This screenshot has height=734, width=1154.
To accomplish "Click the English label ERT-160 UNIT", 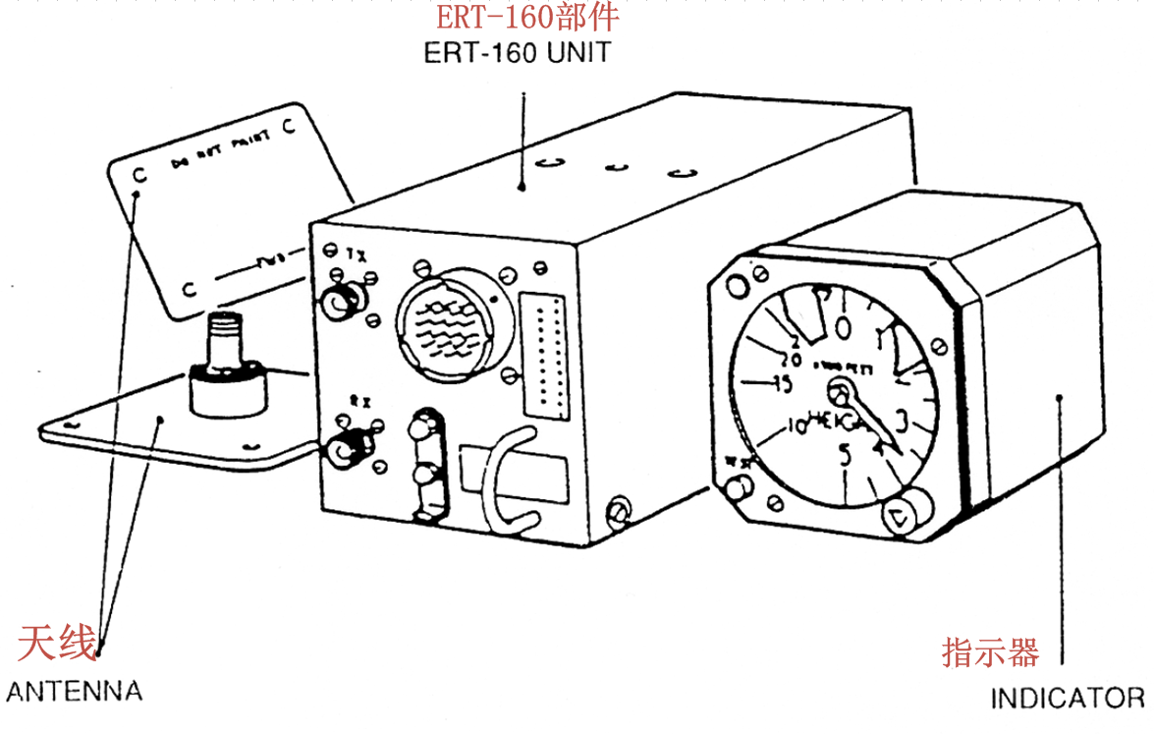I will (517, 53).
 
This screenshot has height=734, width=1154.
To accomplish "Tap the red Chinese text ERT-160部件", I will (527, 17).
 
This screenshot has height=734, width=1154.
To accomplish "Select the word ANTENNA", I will (74, 691).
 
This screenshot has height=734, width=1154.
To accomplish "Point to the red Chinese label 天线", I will (57, 645).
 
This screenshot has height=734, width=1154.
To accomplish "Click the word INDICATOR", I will (1067, 699).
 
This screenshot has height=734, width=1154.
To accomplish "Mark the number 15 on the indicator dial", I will (783, 384).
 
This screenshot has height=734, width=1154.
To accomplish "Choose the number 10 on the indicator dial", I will (796, 426).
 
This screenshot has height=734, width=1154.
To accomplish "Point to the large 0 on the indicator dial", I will (843, 325).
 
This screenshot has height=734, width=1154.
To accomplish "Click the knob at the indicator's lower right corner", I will (902, 513).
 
